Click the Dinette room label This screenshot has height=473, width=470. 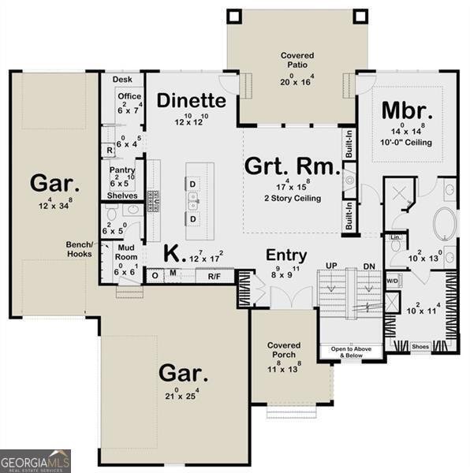[191, 101]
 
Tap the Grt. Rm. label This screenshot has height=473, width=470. [293, 166]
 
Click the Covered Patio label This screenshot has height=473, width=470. [297, 60]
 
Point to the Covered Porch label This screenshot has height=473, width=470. [283, 350]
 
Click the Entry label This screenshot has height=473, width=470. [286, 255]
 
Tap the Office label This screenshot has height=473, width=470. [129, 96]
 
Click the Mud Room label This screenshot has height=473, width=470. [127, 251]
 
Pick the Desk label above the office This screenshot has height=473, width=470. [121, 80]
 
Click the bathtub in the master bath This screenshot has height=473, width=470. [445, 225]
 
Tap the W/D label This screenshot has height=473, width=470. [393, 281]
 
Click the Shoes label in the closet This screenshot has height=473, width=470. [421, 346]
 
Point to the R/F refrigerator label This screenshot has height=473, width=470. [214, 276]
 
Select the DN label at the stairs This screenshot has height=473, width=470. [367, 266]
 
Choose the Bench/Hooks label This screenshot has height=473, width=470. [79, 249]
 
